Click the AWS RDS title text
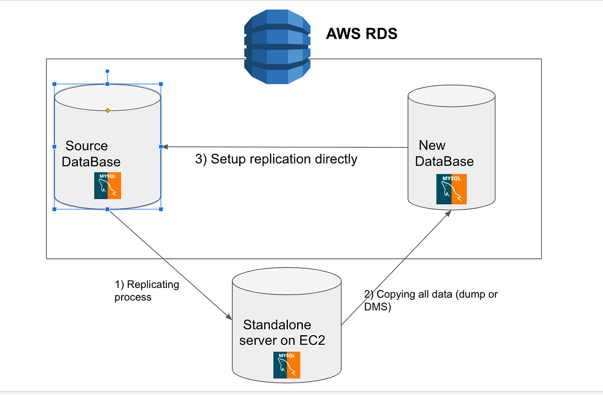point(361,34)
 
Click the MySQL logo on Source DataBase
point(108,185)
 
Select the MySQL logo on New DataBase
point(451,189)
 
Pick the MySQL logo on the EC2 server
point(286,365)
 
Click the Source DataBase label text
point(90,154)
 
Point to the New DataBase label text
point(445,153)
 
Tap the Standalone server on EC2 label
point(282,332)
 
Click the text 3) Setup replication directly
point(276,159)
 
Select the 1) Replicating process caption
point(146,290)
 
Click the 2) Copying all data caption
point(430,300)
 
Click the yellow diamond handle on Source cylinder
point(108,110)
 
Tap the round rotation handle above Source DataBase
point(107,72)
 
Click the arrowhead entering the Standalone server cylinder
point(229,317)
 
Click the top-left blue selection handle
point(54,84)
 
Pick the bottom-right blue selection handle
point(161,209)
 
